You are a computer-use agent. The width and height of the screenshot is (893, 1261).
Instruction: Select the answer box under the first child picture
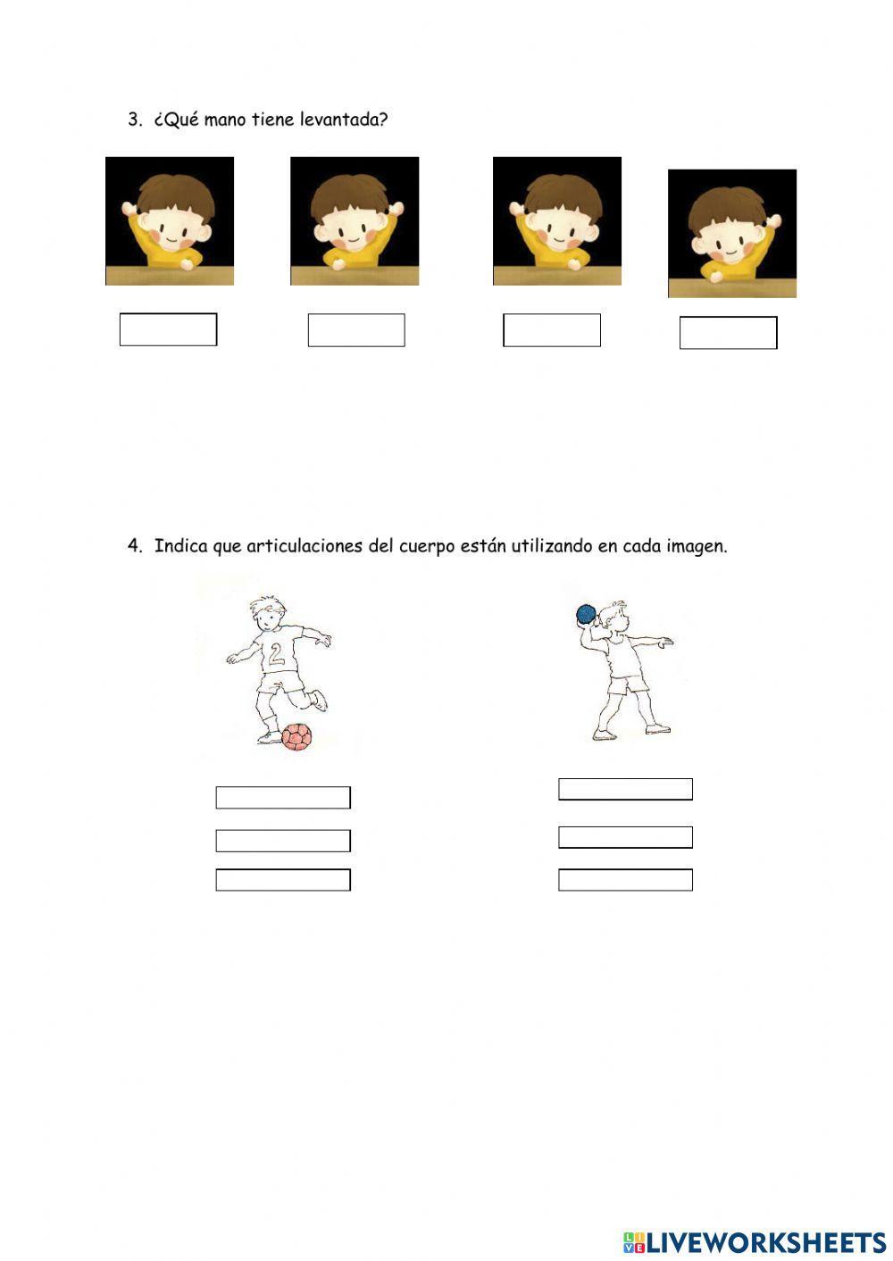click(168, 329)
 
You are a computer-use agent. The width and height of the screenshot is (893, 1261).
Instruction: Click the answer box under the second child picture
click(356, 330)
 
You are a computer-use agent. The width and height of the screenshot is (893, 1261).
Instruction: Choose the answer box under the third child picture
click(552, 330)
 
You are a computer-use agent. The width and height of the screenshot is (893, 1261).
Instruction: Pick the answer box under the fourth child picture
click(728, 333)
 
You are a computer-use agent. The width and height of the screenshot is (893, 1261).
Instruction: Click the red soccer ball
click(296, 736)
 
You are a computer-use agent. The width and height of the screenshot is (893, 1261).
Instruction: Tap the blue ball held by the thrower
click(586, 614)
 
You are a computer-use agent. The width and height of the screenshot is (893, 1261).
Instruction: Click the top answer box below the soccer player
click(283, 798)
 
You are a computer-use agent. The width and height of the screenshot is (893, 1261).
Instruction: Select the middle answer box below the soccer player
click(283, 841)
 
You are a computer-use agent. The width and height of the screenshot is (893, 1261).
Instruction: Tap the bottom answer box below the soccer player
click(283, 880)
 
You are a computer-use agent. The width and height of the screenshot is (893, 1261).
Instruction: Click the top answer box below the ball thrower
click(625, 789)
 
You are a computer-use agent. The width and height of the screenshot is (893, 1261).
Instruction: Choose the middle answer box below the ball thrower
click(625, 837)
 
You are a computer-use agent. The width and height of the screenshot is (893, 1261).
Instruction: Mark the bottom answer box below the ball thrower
click(625, 880)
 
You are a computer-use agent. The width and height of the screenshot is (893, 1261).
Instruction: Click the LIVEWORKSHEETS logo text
click(766, 1241)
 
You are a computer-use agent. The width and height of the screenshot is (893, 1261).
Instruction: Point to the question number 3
click(135, 120)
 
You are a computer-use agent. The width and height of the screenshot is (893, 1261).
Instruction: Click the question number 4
click(135, 546)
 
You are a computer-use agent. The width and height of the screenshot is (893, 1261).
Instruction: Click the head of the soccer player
click(267, 615)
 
